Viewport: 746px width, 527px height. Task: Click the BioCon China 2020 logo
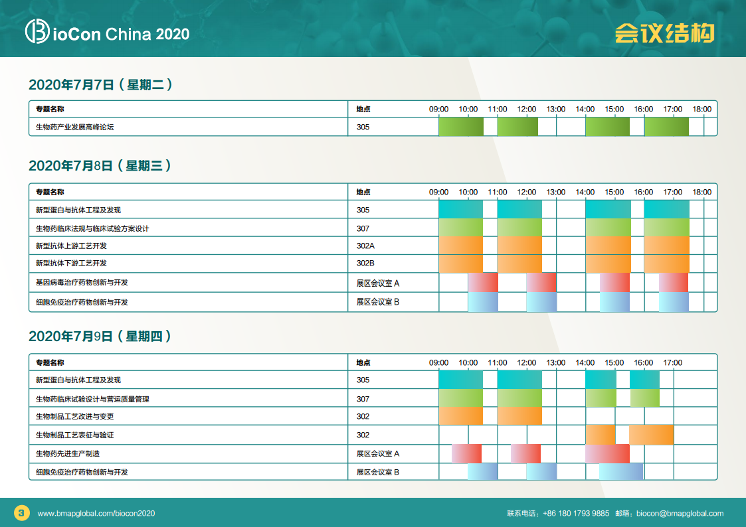[108, 32]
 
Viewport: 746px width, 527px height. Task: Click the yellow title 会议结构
[665, 33]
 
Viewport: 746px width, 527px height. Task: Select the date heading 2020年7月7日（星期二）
[101, 84]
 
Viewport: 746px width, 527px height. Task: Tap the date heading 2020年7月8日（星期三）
[100, 166]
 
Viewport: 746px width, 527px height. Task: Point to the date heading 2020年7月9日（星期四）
[100, 337]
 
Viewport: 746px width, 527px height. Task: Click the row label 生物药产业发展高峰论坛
[74, 127]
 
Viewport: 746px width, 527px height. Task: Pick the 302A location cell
[365, 246]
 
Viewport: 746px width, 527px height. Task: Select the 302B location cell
[365, 263]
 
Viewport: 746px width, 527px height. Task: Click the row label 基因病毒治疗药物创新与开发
[82, 282]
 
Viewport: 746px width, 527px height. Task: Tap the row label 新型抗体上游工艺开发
[71, 246]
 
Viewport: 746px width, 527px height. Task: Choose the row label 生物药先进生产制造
[68, 453]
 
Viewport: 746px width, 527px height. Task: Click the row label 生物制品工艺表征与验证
[74, 435]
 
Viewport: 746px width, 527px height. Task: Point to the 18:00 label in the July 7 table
[701, 110]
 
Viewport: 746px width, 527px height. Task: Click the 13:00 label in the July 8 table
[556, 192]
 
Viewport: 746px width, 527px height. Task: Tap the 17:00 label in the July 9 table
[673, 362]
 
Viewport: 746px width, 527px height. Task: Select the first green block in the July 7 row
[461, 127]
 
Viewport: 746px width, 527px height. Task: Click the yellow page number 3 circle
[22, 513]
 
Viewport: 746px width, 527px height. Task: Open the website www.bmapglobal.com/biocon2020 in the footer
[96, 513]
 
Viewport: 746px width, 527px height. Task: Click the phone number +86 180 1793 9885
[576, 513]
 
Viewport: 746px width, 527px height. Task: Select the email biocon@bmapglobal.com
[680, 513]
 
